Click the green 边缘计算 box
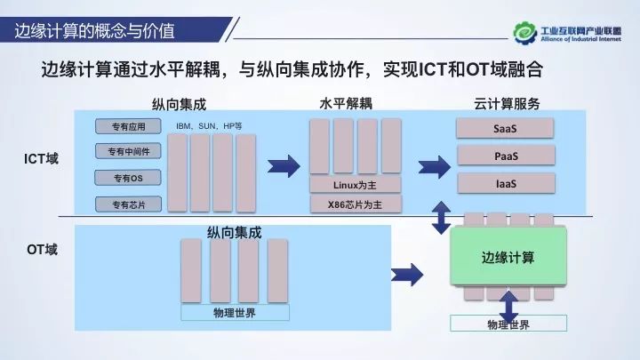(x=508, y=257)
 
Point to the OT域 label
(x=41, y=250)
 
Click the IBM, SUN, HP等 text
(x=209, y=126)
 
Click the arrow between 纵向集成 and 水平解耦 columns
(x=284, y=165)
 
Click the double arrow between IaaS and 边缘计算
(x=440, y=218)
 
